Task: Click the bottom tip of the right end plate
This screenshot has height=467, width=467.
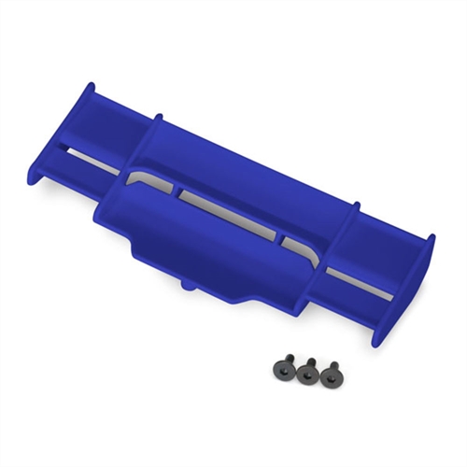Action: tap(375, 342)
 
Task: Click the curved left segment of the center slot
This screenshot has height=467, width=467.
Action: tap(149, 177)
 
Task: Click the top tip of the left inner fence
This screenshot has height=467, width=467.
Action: tap(159, 118)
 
